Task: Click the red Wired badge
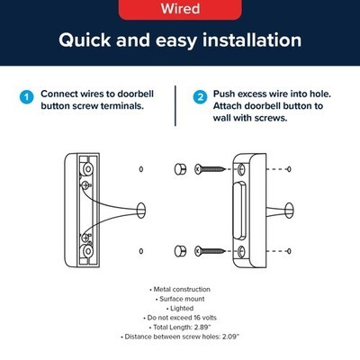180,9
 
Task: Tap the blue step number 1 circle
27,97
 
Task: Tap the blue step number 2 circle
200,97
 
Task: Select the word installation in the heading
252,40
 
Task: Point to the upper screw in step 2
210,169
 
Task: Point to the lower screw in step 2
210,251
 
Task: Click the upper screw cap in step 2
180,169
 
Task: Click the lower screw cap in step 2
180,251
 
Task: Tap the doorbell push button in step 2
239,211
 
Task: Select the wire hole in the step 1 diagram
140,210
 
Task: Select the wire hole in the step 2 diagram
289,211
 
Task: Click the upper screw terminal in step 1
85,185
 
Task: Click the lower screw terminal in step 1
85,238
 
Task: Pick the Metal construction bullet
180,290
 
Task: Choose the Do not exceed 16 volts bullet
180,318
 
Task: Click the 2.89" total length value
202,327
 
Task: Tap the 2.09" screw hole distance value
230,337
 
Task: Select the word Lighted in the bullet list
182,309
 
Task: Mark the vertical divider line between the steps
175,105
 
